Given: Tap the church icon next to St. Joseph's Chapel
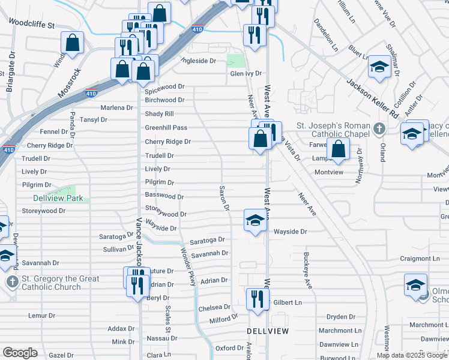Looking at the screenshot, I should pos(378,128).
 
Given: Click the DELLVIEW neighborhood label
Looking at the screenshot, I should pos(268,331).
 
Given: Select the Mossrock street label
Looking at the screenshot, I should pos(70,83).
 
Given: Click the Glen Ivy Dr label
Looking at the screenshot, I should pos(246,74).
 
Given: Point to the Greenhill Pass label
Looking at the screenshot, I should pos(166,128).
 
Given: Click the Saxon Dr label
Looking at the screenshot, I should pos(224,198).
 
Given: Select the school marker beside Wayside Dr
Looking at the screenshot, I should pos(255,221).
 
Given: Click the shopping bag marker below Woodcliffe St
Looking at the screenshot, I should pos(72,44).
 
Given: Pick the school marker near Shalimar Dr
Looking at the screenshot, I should pos(379,67).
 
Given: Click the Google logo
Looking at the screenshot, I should pos(20,353).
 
